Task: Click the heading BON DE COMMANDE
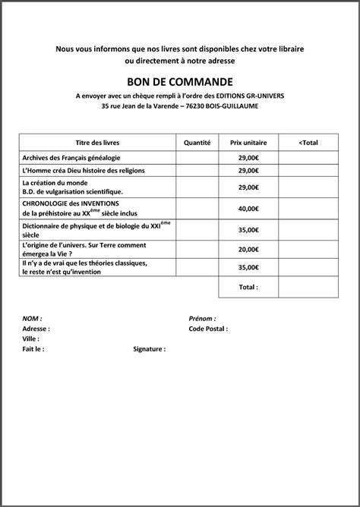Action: click(180, 81)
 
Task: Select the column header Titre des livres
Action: click(98, 142)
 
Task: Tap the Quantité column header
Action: click(197, 142)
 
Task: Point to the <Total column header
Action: click(308, 142)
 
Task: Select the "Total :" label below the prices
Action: click(248, 288)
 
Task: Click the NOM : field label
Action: click(32, 320)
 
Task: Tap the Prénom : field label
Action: click(202, 320)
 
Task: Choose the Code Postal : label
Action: click(208, 329)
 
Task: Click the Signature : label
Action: click(149, 349)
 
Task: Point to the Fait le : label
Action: click(34, 349)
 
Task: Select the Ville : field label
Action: click(31, 339)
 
